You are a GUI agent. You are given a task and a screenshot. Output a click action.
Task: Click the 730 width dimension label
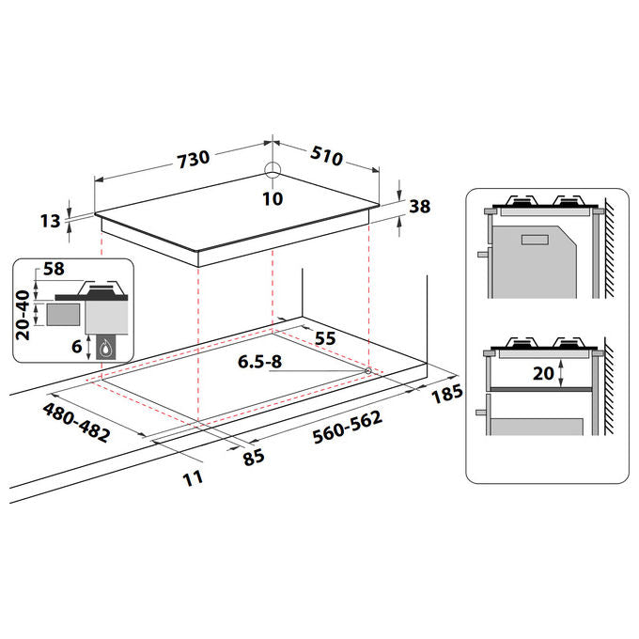click(x=194, y=159)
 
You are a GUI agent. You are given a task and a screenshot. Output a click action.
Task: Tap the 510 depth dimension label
click(x=326, y=156)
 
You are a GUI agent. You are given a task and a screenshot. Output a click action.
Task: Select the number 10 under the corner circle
click(x=273, y=199)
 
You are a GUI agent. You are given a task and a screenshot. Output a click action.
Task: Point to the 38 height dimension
click(x=419, y=206)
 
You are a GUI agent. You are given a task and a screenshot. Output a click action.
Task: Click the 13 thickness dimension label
click(x=50, y=221)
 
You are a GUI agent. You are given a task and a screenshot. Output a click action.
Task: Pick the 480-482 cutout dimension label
click(x=76, y=423)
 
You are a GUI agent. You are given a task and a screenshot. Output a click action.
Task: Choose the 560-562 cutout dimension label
click(x=348, y=427)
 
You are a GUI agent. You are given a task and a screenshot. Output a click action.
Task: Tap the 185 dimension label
click(x=447, y=394)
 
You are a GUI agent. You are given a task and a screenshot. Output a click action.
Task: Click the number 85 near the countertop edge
click(x=254, y=458)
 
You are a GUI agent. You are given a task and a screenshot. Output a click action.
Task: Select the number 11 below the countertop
click(x=193, y=478)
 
